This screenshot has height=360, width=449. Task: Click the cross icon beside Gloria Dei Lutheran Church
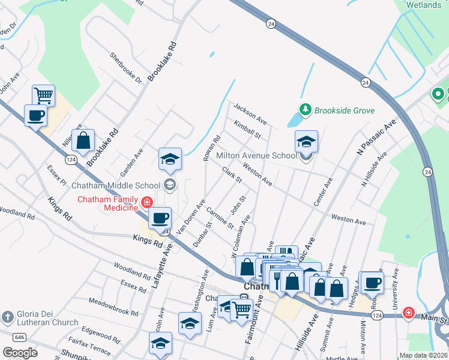[7, 316]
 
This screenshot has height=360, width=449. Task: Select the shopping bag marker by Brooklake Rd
[83, 141]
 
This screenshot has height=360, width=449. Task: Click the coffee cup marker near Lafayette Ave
[160, 218]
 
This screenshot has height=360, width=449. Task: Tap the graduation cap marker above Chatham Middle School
[170, 159]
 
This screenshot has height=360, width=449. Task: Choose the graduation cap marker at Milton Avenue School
[306, 142]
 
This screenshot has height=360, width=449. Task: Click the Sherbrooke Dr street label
[125, 67]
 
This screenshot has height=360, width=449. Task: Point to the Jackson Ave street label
[250, 113]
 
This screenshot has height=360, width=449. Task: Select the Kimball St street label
[248, 130]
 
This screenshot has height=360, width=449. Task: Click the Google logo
[20, 352]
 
